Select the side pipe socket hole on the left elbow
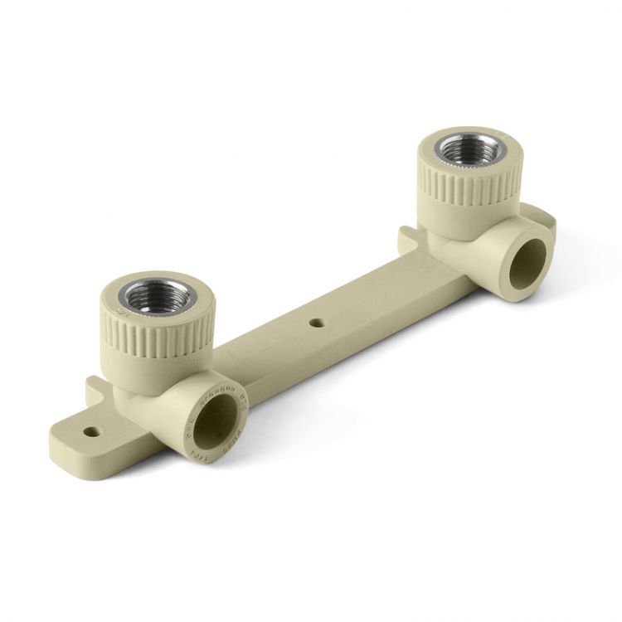pos(217,421)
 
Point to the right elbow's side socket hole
pos(527,264)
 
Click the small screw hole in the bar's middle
pos(315,320)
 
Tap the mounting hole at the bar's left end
pos(92,432)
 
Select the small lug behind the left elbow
pos(95,389)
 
